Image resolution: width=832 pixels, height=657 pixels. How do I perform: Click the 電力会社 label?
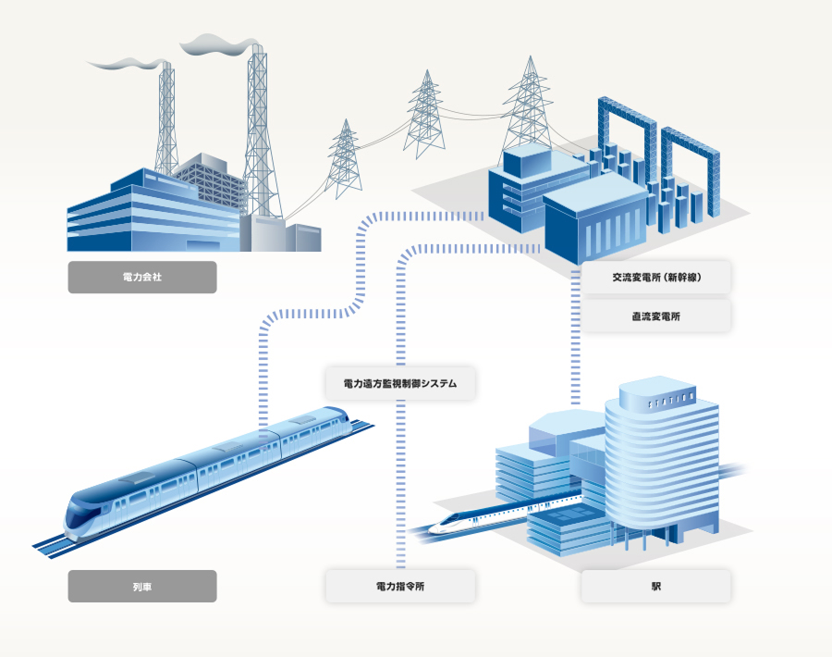point(141,278)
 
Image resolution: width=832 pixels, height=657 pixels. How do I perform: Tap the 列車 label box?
point(141,587)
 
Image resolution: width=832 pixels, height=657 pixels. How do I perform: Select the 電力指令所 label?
point(400,587)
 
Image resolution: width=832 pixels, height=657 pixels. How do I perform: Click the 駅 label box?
point(656,587)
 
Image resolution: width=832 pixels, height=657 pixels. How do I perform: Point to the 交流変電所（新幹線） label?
point(656,278)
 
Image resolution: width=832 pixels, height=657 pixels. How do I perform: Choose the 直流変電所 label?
point(656,316)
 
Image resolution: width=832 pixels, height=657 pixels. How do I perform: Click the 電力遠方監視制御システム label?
point(400,383)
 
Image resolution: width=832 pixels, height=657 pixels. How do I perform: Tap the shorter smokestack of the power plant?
point(167,120)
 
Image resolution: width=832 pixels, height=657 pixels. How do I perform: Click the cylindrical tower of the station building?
point(661,463)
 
